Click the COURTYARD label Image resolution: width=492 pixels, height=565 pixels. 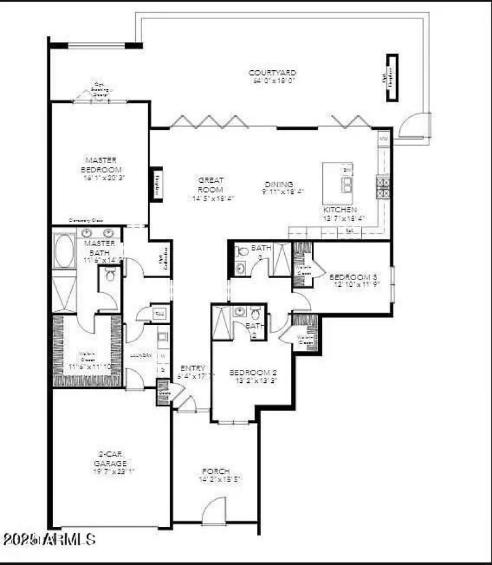click(272, 73)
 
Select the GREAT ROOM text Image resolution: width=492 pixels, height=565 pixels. click(210, 185)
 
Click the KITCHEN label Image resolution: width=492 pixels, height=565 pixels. click(340, 210)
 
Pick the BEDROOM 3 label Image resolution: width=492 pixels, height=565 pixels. click(352, 276)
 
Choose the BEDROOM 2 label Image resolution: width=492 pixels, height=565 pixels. click(253, 372)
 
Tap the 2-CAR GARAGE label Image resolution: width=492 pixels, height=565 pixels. click(111, 459)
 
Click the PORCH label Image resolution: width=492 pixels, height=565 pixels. click(215, 471)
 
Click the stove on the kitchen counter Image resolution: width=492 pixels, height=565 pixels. click(383, 186)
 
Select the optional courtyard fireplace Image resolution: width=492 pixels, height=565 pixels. click(391, 78)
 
